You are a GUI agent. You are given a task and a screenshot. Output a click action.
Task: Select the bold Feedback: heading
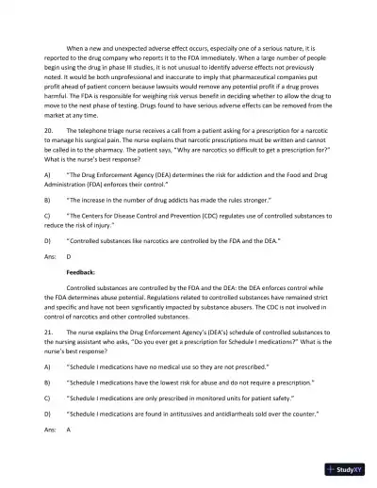click(x=82, y=270)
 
